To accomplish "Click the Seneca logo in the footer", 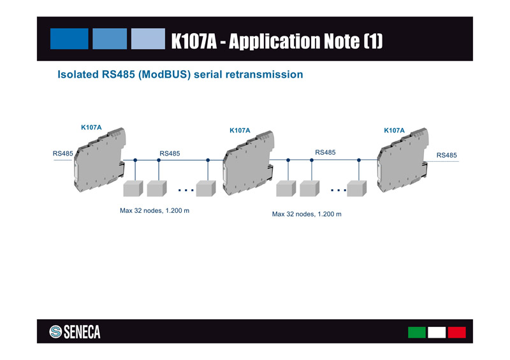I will pos(75,332).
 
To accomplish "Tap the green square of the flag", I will pos(417,333).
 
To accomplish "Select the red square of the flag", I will pos(456,333).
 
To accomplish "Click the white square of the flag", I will pos(437,333).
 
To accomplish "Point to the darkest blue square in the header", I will pos(69,39).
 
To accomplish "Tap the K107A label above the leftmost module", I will pos(91,127).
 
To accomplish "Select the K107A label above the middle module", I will pos(240,130).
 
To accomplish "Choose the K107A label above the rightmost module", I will pos(394,130).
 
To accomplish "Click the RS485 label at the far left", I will pos(62,153).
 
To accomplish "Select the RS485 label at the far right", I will pos(446,155).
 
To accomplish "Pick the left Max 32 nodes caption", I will pos(154,210).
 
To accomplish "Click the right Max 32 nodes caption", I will pos(307,214).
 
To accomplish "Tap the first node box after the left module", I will pos(133,189).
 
